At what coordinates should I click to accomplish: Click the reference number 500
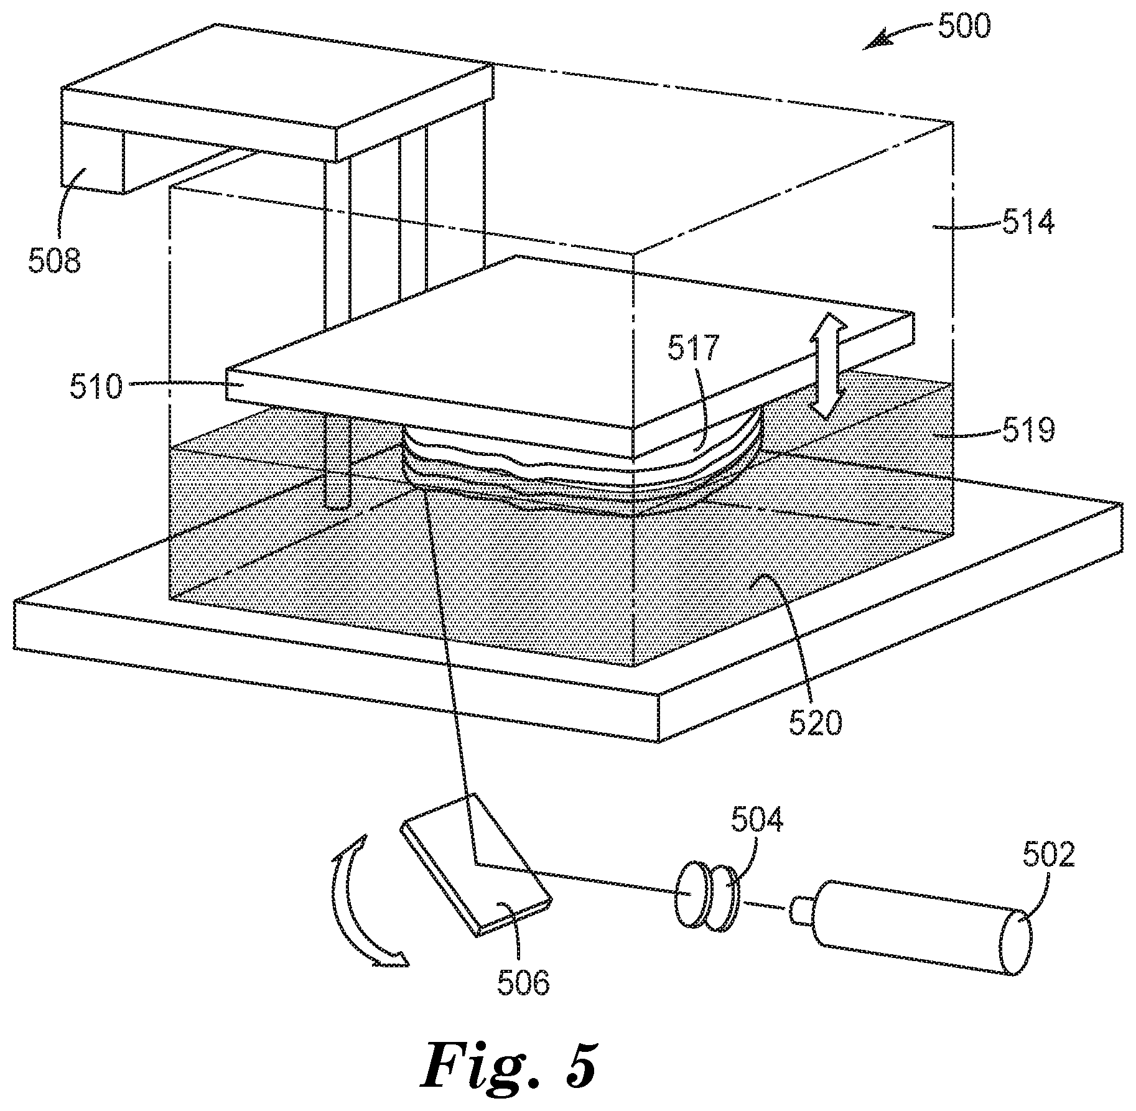tap(964, 27)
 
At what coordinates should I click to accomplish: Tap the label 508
tap(54, 259)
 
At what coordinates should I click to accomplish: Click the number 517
tap(693, 348)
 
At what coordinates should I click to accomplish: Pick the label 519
tap(1028, 429)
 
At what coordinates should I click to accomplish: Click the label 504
tap(757, 820)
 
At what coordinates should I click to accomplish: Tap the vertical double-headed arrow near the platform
tap(826, 366)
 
